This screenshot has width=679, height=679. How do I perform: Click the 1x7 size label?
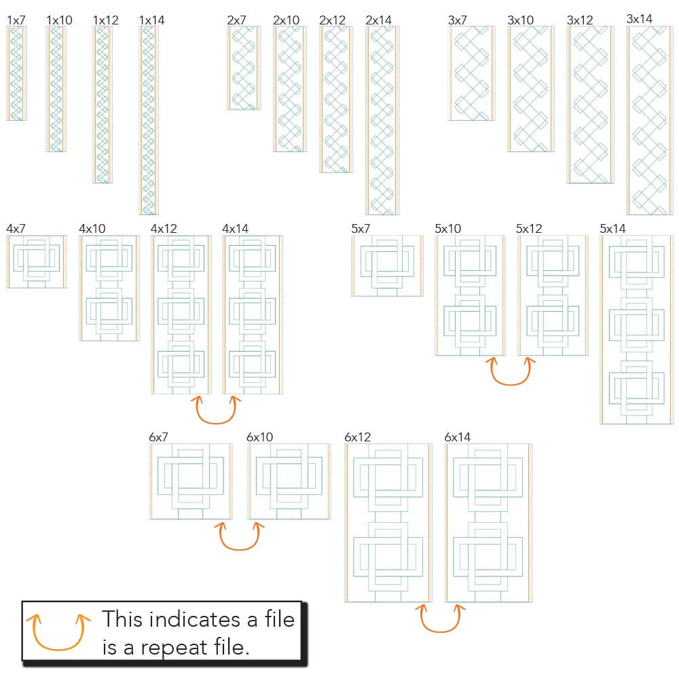16,20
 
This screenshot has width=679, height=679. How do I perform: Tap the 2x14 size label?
378,20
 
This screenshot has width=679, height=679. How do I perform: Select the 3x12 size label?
579,20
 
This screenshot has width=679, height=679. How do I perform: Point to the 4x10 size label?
92,228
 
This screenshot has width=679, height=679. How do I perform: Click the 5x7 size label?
361,228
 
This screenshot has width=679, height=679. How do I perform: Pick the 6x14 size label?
457,437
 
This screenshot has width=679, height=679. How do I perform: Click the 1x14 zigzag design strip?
149,120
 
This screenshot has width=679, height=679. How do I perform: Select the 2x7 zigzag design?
244,68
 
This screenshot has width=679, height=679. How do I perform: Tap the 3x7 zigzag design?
471,73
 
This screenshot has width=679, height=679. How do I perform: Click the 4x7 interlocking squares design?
37,261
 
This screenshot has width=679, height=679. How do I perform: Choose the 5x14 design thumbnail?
637,329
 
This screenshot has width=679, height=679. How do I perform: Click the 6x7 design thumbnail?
191,481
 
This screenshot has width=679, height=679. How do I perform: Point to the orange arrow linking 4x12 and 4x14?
216,422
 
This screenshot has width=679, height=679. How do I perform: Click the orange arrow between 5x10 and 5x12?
510,384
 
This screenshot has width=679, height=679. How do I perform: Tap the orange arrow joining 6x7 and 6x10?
239,549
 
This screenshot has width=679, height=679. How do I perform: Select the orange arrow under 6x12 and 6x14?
440,631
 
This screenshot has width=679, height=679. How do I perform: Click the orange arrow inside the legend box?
58,648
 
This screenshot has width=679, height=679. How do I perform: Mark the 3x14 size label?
639,18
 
